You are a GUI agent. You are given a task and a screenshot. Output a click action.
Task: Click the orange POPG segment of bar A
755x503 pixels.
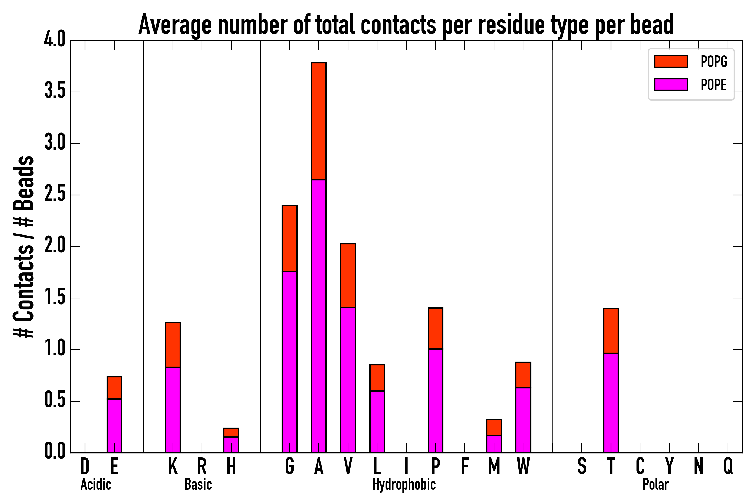point(318,121)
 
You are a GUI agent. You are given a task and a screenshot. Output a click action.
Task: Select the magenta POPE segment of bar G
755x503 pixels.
point(289,362)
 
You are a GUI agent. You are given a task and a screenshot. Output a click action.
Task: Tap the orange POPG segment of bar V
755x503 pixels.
point(348,275)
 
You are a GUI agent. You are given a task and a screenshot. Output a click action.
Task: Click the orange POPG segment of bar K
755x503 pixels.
point(173,345)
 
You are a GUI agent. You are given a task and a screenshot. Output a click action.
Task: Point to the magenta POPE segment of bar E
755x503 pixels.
point(114,425)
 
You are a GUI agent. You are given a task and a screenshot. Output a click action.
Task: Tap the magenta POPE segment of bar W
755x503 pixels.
point(523,420)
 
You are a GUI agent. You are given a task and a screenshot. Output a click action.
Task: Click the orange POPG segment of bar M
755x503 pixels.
point(494,427)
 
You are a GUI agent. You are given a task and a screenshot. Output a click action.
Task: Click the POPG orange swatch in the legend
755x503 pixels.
point(671,61)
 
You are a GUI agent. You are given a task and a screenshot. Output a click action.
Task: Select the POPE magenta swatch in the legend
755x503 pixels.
point(671,84)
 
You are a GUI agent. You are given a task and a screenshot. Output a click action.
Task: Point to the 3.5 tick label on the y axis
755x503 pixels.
point(55,92)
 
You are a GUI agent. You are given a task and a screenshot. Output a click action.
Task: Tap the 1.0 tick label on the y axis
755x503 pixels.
point(55,349)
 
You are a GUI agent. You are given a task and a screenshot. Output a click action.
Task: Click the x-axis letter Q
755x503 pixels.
point(728,466)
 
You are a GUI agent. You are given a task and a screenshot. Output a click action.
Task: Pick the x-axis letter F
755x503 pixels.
point(464,466)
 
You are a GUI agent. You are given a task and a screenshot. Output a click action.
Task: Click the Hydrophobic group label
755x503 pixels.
point(404,484)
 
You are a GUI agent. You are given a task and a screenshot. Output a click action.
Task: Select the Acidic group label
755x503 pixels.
point(96,484)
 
